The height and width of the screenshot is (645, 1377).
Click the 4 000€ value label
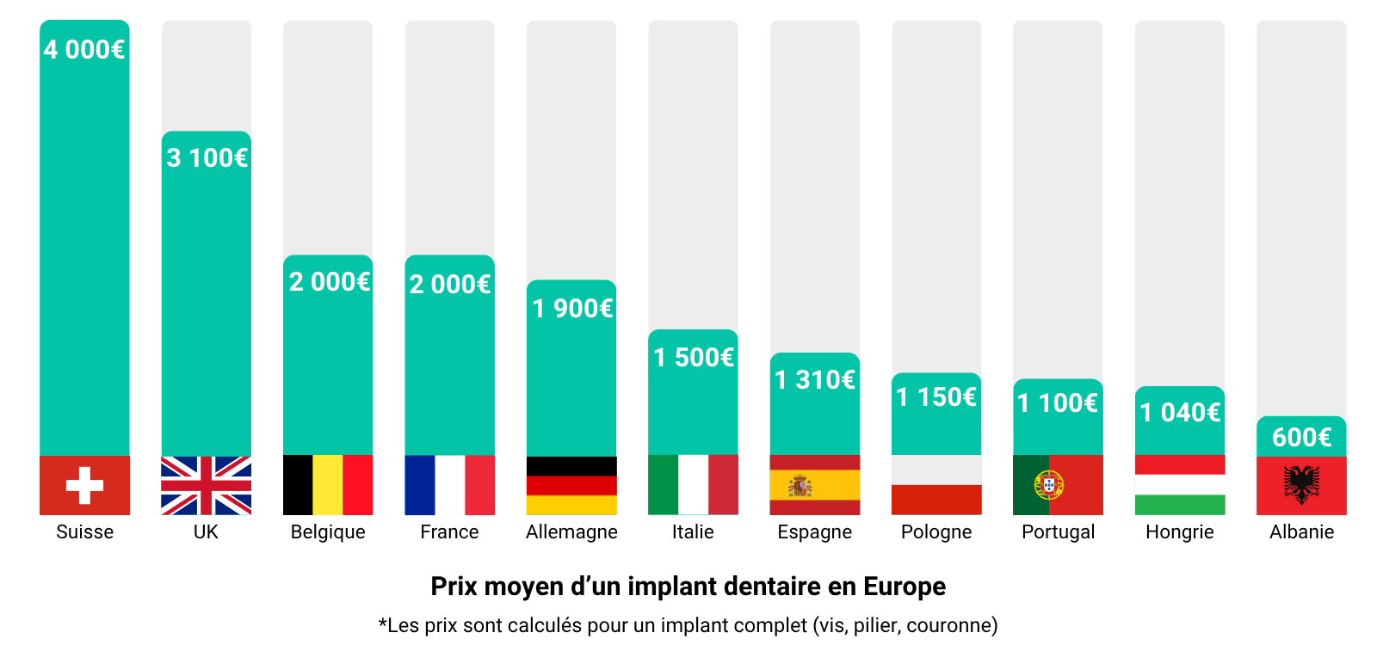point(84,50)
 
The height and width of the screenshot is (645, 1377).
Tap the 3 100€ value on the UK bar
point(207,158)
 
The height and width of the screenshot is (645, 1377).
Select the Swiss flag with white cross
point(84,485)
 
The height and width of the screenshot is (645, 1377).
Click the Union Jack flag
point(207,485)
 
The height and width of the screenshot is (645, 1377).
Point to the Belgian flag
point(328,485)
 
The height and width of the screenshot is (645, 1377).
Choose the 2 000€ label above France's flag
point(449,285)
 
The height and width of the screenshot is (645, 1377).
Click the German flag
point(571,485)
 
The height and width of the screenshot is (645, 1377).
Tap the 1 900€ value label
point(572,309)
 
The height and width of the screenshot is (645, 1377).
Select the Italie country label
point(693,531)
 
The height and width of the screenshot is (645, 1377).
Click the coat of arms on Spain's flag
point(800,486)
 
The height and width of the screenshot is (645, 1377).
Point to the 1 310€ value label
point(815,379)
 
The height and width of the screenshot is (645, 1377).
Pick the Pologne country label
point(936,531)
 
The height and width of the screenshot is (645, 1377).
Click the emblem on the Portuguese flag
point(1048,485)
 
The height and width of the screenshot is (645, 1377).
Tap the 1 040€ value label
point(1180,413)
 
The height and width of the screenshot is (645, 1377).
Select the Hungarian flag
point(1180,485)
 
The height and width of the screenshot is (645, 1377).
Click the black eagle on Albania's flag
point(1301,485)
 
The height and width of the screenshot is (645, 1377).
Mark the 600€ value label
point(1301,438)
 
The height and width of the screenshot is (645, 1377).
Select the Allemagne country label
point(571,531)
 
